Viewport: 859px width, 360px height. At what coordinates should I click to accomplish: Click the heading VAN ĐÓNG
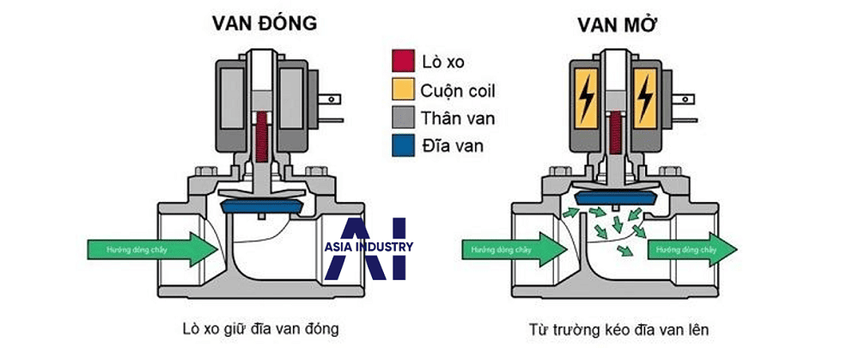264,24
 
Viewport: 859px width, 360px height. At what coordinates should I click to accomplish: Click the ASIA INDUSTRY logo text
369,247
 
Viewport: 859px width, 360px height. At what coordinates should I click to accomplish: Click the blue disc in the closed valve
264,207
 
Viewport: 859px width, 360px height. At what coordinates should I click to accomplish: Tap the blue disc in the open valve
613,196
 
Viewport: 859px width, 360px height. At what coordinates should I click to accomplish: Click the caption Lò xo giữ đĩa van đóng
255,329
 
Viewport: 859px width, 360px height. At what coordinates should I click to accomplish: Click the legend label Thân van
456,117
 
